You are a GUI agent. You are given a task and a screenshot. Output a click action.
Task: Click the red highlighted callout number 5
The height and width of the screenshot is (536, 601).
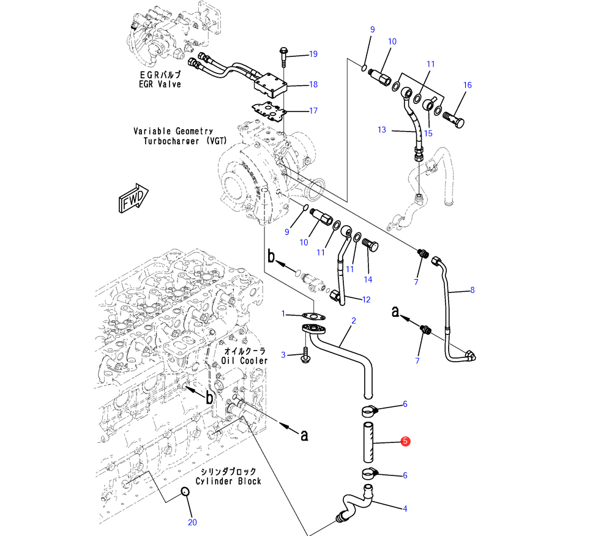click(x=405, y=441)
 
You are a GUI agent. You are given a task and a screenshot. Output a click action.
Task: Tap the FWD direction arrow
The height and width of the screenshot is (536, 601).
click(x=133, y=198)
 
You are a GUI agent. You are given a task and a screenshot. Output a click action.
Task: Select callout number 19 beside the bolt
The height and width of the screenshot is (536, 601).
click(x=313, y=54)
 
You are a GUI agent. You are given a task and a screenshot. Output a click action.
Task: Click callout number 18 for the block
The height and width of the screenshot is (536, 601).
click(x=313, y=84)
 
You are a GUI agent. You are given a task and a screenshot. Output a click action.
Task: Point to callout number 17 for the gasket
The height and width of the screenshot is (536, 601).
click(x=313, y=111)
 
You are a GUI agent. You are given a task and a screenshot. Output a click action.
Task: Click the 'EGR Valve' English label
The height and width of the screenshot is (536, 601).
click(x=160, y=84)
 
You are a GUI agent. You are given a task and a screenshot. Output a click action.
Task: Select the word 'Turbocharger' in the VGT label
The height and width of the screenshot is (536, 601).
click(x=171, y=141)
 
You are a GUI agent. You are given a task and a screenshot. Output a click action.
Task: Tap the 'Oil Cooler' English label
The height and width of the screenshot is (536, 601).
click(x=245, y=361)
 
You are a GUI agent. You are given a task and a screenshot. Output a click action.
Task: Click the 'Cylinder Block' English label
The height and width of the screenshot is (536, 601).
click(x=228, y=481)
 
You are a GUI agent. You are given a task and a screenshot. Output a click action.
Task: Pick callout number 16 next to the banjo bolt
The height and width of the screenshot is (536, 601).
click(x=468, y=85)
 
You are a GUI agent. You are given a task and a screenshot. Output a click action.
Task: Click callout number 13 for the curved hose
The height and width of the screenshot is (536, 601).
click(x=382, y=130)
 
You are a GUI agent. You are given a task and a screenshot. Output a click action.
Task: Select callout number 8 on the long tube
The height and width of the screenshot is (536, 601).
click(x=472, y=291)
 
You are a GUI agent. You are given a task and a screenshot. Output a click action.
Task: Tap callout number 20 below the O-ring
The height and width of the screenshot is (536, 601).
click(x=192, y=522)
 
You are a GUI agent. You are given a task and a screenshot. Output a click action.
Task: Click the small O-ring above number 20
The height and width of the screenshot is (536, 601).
click(x=185, y=491)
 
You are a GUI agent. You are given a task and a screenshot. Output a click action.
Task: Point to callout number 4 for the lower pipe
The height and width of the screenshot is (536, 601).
click(x=405, y=509)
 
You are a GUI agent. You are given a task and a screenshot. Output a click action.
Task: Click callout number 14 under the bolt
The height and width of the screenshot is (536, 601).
click(x=368, y=280)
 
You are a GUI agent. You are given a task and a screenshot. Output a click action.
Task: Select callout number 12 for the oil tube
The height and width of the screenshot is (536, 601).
click(x=367, y=300)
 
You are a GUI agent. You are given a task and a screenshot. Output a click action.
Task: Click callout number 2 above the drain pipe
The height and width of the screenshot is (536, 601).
click(x=354, y=321)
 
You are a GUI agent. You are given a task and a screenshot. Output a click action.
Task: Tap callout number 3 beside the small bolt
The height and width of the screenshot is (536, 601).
click(x=283, y=355)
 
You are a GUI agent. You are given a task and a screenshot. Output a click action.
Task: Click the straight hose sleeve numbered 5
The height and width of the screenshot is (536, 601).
click(x=368, y=442)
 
